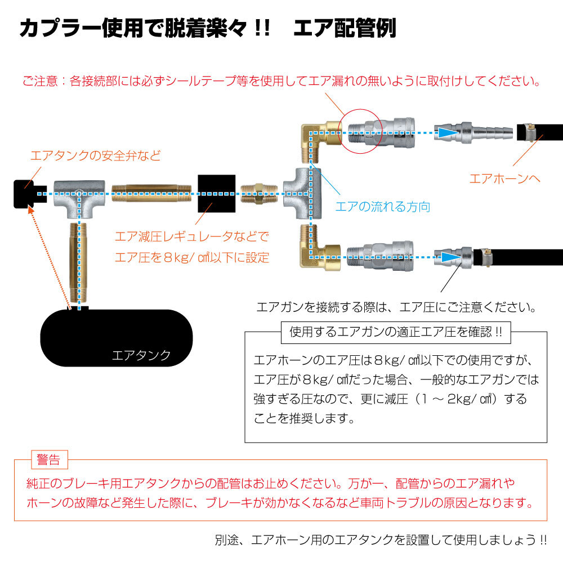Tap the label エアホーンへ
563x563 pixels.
tap(504, 178)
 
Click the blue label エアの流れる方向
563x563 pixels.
tap(383, 207)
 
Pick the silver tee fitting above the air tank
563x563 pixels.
tap(79, 197)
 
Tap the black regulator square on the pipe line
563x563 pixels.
tap(217, 193)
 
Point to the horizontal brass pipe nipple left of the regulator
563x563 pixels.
tap(152, 193)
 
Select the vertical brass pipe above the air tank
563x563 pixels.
tap(79, 262)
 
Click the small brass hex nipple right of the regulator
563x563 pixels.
tap(258, 193)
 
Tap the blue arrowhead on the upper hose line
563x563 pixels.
tap(448, 132)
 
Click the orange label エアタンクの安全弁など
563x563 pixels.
tap(95, 156)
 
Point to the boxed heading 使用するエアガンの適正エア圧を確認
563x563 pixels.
tap(395, 332)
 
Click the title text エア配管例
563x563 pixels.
tap(345, 29)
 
